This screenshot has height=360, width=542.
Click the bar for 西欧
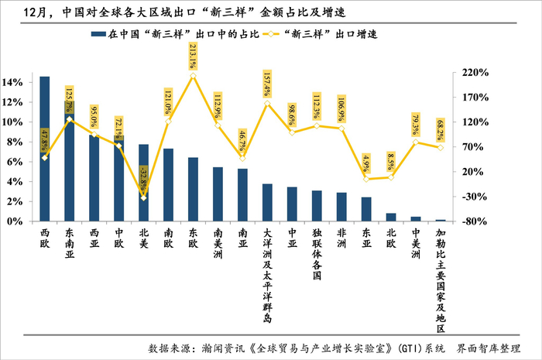[45, 149]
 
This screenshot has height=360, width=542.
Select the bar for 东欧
[194, 190]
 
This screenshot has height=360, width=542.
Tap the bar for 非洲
[341, 207]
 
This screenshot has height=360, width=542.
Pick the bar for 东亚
[366, 209]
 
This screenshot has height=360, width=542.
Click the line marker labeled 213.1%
[194, 76]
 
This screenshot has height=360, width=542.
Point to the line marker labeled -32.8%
[144, 198]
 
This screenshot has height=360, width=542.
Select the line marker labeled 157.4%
[267, 104]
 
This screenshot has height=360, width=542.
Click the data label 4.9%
[366, 163]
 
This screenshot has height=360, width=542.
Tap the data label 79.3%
[416, 125]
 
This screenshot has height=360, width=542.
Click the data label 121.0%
[168, 102]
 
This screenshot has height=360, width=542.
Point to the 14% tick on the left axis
[13, 83]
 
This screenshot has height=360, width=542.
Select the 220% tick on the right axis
[475, 73]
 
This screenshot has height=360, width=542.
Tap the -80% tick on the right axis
[475, 221]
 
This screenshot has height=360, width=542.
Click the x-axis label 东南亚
[70, 244]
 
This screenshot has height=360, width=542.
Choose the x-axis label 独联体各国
[317, 254]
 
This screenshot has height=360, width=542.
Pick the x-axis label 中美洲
[416, 244]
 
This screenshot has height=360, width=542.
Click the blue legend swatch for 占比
[98, 34]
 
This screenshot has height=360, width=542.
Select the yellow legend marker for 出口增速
[271, 34]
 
